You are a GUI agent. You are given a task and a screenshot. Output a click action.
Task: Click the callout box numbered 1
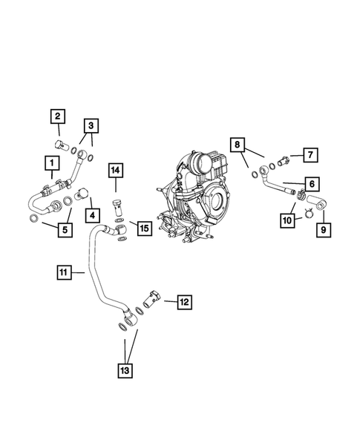[51, 162]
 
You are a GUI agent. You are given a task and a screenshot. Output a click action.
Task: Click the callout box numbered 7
[311, 155]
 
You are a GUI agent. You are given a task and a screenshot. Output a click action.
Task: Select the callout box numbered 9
[324, 230]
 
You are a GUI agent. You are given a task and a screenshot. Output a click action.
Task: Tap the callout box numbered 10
[287, 220]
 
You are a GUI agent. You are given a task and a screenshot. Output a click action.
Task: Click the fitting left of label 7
[284, 158]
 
